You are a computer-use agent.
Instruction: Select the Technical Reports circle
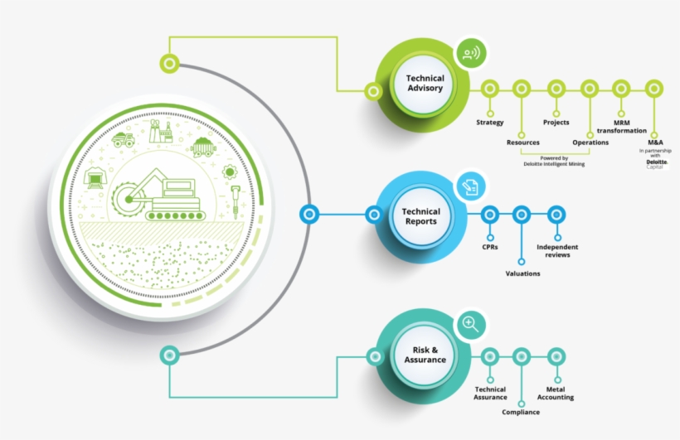tap(420, 216)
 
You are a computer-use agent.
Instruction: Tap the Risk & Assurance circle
tap(424, 355)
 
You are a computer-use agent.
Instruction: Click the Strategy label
tap(489, 123)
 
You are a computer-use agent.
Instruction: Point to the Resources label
tap(522, 143)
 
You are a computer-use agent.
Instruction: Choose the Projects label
tap(556, 123)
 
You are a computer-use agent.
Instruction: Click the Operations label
tap(590, 143)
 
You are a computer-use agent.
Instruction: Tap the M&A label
tap(655, 143)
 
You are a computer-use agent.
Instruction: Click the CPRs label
tap(489, 247)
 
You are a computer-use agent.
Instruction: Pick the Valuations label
tap(522, 273)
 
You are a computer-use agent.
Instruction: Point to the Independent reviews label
tap(557, 250)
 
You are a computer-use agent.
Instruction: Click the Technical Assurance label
tap(489, 393)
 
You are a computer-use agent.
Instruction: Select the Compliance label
tap(521, 412)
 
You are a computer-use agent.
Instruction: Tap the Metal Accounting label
tap(561, 393)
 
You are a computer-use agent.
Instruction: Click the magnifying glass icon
tap(470, 324)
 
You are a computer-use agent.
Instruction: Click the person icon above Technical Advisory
tap(470, 55)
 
